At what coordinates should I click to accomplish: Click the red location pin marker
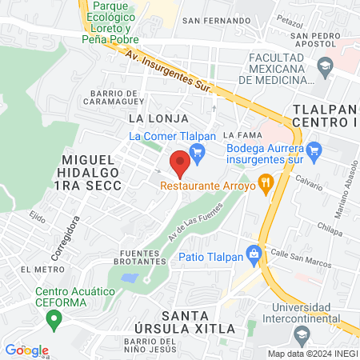(x=180, y=163)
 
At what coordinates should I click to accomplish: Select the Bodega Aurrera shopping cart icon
(x=314, y=148)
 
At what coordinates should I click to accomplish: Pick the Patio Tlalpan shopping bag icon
(x=254, y=257)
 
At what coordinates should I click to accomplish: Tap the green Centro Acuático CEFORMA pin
(x=54, y=321)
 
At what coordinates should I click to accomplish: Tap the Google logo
(x=26, y=350)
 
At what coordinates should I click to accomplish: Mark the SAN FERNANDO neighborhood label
(x=213, y=20)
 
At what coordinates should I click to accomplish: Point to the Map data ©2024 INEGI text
(x=311, y=354)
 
